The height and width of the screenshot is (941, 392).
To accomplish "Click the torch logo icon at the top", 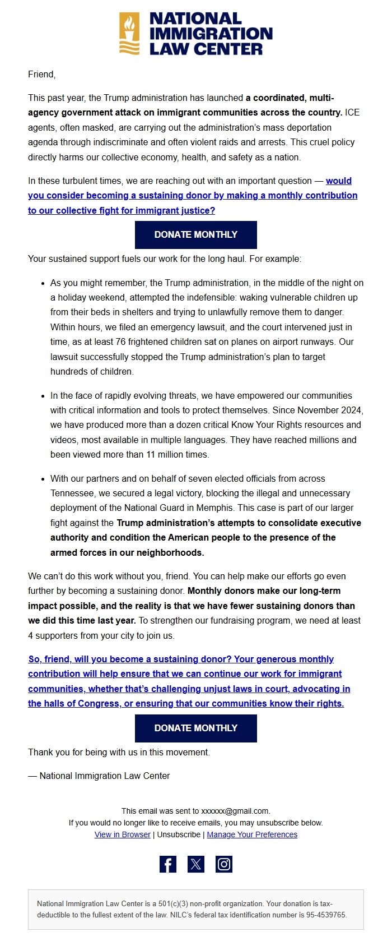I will (129, 34).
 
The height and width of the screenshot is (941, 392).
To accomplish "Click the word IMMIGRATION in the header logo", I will (211, 34).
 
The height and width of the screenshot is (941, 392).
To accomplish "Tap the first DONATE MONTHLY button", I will (195, 234).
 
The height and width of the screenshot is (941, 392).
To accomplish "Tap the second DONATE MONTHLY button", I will (195, 728).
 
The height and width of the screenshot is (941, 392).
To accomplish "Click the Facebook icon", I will (168, 864).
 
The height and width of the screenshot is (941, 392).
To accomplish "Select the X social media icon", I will (196, 864).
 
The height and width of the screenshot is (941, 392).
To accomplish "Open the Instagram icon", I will (224, 864).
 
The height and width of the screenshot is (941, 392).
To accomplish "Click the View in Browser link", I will (123, 834).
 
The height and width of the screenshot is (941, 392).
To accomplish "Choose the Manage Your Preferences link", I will (252, 834).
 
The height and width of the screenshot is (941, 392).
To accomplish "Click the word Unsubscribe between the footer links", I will (179, 834).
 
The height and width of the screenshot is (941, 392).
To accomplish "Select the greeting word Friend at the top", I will (41, 74).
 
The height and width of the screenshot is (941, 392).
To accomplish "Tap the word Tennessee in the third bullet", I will (72, 493).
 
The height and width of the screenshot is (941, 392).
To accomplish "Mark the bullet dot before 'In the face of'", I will (43, 396).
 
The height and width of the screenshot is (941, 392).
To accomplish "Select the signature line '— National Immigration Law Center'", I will (99, 776).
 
